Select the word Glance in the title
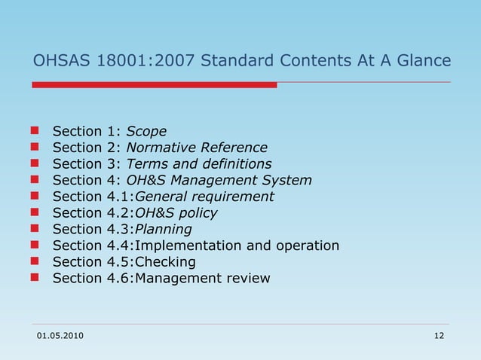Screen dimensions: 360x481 (x=422, y=60)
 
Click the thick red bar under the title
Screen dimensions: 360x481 (x=154, y=85)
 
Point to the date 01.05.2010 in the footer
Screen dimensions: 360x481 (x=61, y=335)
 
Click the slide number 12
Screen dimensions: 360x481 (x=440, y=335)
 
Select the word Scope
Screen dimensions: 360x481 (x=146, y=131)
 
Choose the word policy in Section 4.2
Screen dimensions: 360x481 (x=198, y=213)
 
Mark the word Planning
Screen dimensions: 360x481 (x=162, y=230)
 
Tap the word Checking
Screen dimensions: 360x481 (x=164, y=262)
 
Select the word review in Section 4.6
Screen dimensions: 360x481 (x=248, y=279)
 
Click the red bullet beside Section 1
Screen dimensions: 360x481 (x=35, y=132)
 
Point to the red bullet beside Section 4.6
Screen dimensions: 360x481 (x=35, y=279)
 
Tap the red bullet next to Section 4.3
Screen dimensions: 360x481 (x=35, y=230)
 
